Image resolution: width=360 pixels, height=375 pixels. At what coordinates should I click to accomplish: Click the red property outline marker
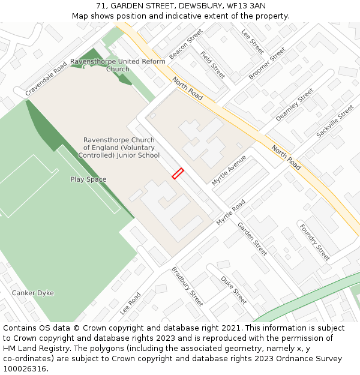pos(178,173)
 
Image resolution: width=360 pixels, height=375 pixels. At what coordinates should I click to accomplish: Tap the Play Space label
pos(88,179)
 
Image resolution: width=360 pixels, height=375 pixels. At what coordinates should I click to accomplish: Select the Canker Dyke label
pos(33,293)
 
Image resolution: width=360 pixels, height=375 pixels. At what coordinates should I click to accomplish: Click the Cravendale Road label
pos(46,80)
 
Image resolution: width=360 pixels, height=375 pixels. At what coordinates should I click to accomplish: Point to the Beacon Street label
pos(186,44)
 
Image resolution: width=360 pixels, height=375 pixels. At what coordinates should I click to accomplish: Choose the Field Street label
pos(212,65)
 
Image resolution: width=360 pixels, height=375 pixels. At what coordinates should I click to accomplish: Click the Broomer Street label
pos(267,64)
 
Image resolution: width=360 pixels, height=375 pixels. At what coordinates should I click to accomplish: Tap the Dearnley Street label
pos(295,105)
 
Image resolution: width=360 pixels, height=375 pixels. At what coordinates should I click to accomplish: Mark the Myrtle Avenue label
pos(229,170)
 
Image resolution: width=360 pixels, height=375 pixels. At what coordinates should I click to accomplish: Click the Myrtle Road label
pos(231,212)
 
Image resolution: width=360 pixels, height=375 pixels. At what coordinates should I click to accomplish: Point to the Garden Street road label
pos(252,239)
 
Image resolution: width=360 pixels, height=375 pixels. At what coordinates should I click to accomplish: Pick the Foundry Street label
pos(314,242)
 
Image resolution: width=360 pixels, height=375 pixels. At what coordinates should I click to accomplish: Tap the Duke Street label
pos(233,290)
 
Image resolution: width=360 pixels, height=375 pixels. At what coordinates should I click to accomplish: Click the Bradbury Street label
pos(187,286)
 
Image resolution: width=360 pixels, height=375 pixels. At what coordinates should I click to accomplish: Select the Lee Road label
pos(130,304)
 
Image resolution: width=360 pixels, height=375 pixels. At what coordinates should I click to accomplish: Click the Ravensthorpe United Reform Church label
pos(118,65)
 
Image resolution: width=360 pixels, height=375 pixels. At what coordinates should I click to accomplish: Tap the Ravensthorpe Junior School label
pos(119,148)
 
